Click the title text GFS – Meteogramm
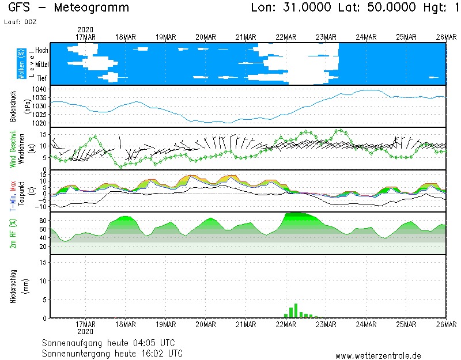point(69,8)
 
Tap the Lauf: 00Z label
point(22,21)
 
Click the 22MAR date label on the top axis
point(286,37)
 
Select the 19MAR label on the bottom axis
point(166,324)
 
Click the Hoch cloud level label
point(41,51)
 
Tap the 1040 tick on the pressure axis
point(40,89)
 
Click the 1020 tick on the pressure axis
point(40,123)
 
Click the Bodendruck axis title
point(13,106)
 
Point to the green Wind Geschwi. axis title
point(13,148)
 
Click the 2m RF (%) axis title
point(13,233)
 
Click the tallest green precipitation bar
point(296,310)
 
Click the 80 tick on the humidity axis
point(43,221)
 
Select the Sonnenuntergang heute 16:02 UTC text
point(112,353)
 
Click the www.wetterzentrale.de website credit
point(378,355)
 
